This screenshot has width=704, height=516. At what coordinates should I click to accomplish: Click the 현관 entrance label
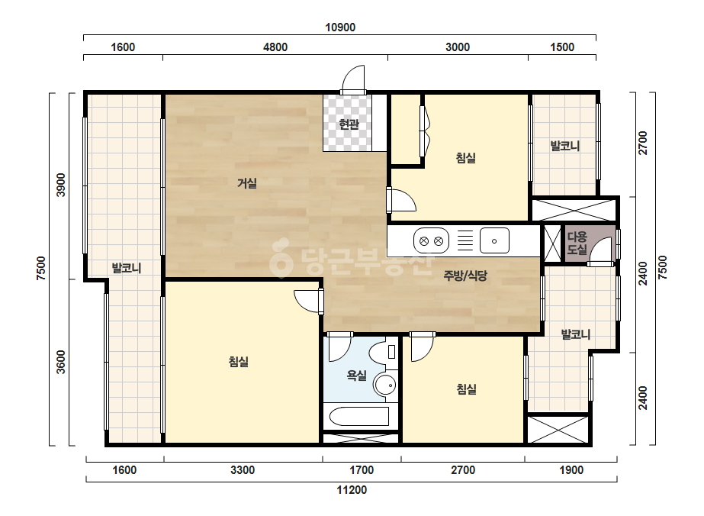click(x=349, y=124)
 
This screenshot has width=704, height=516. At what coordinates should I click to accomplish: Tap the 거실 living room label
click(x=247, y=183)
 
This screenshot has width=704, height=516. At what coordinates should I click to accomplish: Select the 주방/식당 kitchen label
click(x=465, y=275)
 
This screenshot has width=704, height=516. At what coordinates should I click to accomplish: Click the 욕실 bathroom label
click(x=356, y=375)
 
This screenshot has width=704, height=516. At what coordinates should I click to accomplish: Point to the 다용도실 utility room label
click(x=577, y=243)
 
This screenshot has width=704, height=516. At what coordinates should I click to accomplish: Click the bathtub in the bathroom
click(x=359, y=416)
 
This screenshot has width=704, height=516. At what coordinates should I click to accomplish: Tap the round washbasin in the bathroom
click(x=385, y=385)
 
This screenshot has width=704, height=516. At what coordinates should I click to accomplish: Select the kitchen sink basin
click(x=494, y=241)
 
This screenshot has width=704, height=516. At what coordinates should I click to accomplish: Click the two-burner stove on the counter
click(x=431, y=241)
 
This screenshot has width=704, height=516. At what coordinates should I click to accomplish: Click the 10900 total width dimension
click(x=340, y=27)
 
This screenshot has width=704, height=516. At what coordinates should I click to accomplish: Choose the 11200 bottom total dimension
click(x=352, y=489)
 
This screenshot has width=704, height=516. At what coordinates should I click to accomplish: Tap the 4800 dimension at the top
click(x=275, y=47)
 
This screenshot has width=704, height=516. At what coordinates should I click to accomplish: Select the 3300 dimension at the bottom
click(x=243, y=469)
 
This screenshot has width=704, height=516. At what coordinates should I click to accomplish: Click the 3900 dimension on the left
click(x=60, y=185)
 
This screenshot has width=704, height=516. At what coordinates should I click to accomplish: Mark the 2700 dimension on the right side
click(x=643, y=143)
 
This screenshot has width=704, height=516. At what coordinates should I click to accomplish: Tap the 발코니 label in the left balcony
click(x=127, y=269)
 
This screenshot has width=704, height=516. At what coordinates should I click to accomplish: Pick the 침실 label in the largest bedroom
click(x=239, y=361)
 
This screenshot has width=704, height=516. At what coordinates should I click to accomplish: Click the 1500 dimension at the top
click(x=562, y=47)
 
